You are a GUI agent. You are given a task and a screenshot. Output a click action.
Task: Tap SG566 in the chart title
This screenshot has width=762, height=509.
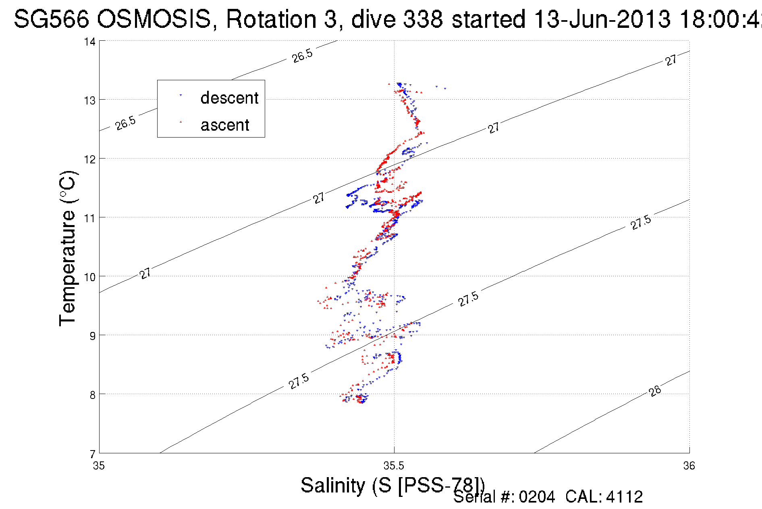(x=51, y=19)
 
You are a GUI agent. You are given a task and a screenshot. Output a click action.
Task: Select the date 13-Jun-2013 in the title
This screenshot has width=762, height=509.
(x=602, y=19)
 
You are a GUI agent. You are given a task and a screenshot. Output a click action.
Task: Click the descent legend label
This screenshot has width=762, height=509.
(x=229, y=98)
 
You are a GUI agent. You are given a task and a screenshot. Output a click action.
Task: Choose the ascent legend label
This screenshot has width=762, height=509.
(x=225, y=125)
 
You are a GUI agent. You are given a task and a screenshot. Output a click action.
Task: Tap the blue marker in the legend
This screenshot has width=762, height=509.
(x=181, y=96)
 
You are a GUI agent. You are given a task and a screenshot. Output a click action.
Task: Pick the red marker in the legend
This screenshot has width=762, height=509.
(x=181, y=121)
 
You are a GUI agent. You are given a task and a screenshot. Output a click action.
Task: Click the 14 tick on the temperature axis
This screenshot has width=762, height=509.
(x=90, y=42)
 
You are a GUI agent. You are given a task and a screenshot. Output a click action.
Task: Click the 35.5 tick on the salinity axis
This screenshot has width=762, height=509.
(x=394, y=466)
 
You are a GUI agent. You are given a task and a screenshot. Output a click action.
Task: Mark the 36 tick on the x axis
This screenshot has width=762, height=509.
(x=689, y=466)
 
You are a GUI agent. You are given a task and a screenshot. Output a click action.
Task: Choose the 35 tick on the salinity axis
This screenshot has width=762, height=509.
(x=99, y=466)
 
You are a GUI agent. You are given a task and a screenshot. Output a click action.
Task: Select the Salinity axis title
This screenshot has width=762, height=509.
(x=392, y=485)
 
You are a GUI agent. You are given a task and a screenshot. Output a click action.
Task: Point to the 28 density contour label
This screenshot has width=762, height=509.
(x=655, y=391)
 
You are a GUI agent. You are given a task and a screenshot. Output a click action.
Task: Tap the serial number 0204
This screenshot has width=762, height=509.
(x=537, y=497)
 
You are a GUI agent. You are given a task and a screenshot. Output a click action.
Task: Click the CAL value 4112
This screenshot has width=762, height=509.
(x=624, y=497)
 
